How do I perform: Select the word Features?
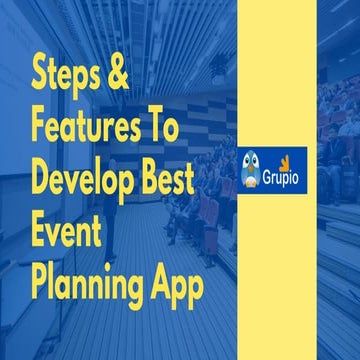(x=81, y=129)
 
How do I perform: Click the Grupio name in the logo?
(x=287, y=172)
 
